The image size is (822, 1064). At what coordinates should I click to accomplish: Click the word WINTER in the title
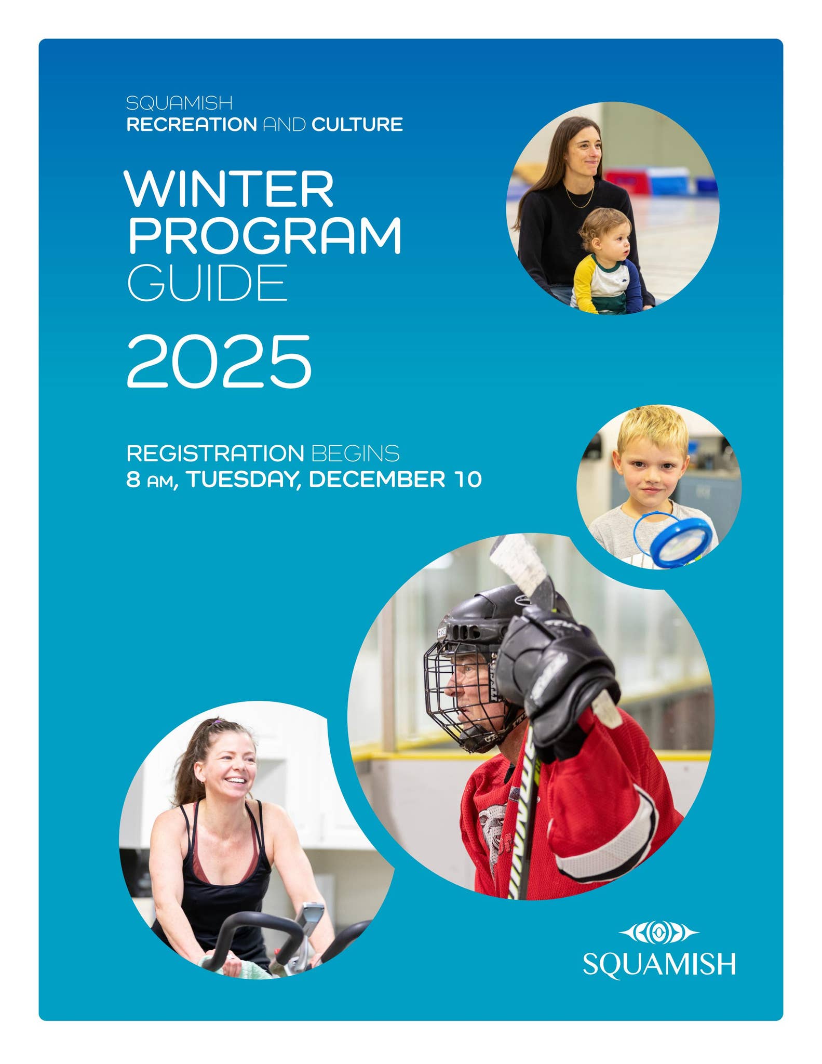229,189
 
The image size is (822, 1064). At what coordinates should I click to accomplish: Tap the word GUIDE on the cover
207,283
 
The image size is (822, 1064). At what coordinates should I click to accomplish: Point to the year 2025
219,362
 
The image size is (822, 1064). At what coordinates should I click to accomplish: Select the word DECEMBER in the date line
377,479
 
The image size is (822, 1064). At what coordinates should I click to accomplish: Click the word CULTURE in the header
357,125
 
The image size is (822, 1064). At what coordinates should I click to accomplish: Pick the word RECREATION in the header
192,125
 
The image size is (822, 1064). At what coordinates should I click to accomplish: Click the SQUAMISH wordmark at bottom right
659,964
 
